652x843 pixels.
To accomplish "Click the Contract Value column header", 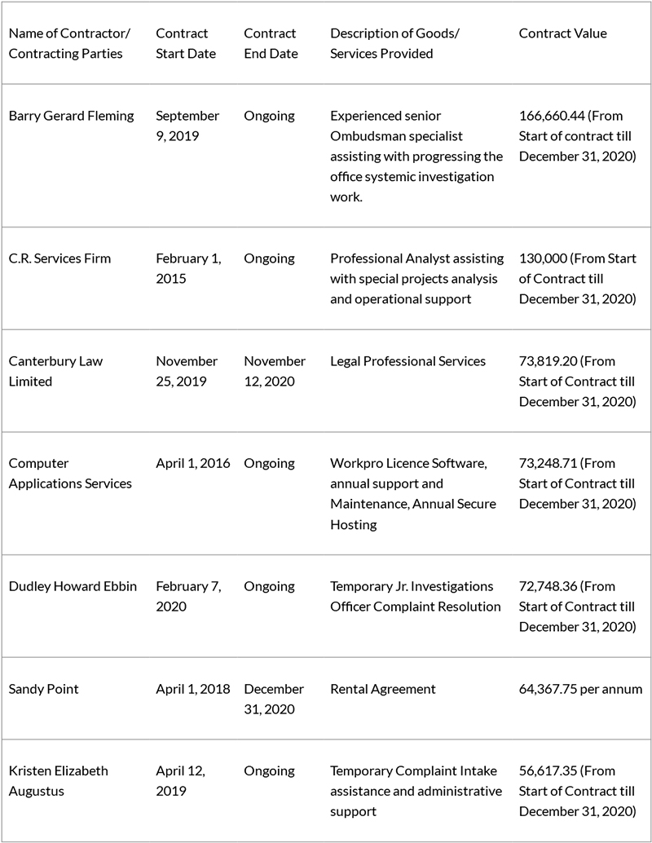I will click(562, 33).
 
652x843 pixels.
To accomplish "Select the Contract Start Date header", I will click(186, 44).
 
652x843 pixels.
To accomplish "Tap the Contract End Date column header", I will click(271, 44).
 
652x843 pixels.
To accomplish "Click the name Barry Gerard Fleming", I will click(71, 116).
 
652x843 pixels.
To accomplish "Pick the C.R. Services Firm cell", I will click(59, 258).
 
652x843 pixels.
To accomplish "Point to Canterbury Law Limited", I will click(55, 371).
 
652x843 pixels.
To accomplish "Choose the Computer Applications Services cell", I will click(70, 474).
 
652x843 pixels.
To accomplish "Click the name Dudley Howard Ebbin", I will click(73, 586).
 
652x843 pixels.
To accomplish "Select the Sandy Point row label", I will click(43, 689).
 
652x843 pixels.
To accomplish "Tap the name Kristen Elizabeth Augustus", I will click(58, 781).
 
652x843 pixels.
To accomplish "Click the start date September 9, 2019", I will click(187, 126).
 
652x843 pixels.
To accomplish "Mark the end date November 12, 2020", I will click(275, 371).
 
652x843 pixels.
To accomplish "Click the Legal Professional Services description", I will click(407, 361).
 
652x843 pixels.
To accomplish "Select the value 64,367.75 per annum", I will click(580, 689).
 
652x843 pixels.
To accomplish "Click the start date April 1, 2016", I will click(192, 463).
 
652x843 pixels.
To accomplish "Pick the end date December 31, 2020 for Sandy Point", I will click(274, 700).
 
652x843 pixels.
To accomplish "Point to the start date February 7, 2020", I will click(188, 596).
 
